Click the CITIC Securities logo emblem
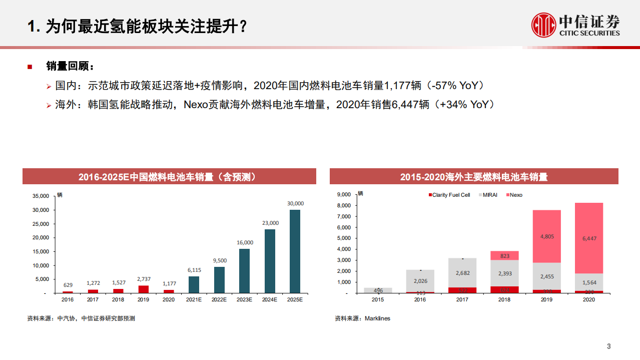pos(543,25)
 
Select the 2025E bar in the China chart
pos(295,251)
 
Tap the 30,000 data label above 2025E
pos(295,204)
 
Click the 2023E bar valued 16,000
pos(245,270)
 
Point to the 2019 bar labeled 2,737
pos(143,289)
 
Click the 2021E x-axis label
pos(194,299)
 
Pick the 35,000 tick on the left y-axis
pos(41,196)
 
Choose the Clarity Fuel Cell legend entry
pos(449,195)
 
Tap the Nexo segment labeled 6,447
pos(589,238)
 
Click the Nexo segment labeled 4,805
pos(546,236)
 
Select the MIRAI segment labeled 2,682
pos(462,273)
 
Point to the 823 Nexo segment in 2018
pos(504,256)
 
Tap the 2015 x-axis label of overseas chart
pos(378,299)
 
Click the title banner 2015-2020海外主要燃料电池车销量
pos(473,177)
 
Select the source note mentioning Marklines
pos(362,318)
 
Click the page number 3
pos(609,346)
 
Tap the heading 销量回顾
pos(70,66)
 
